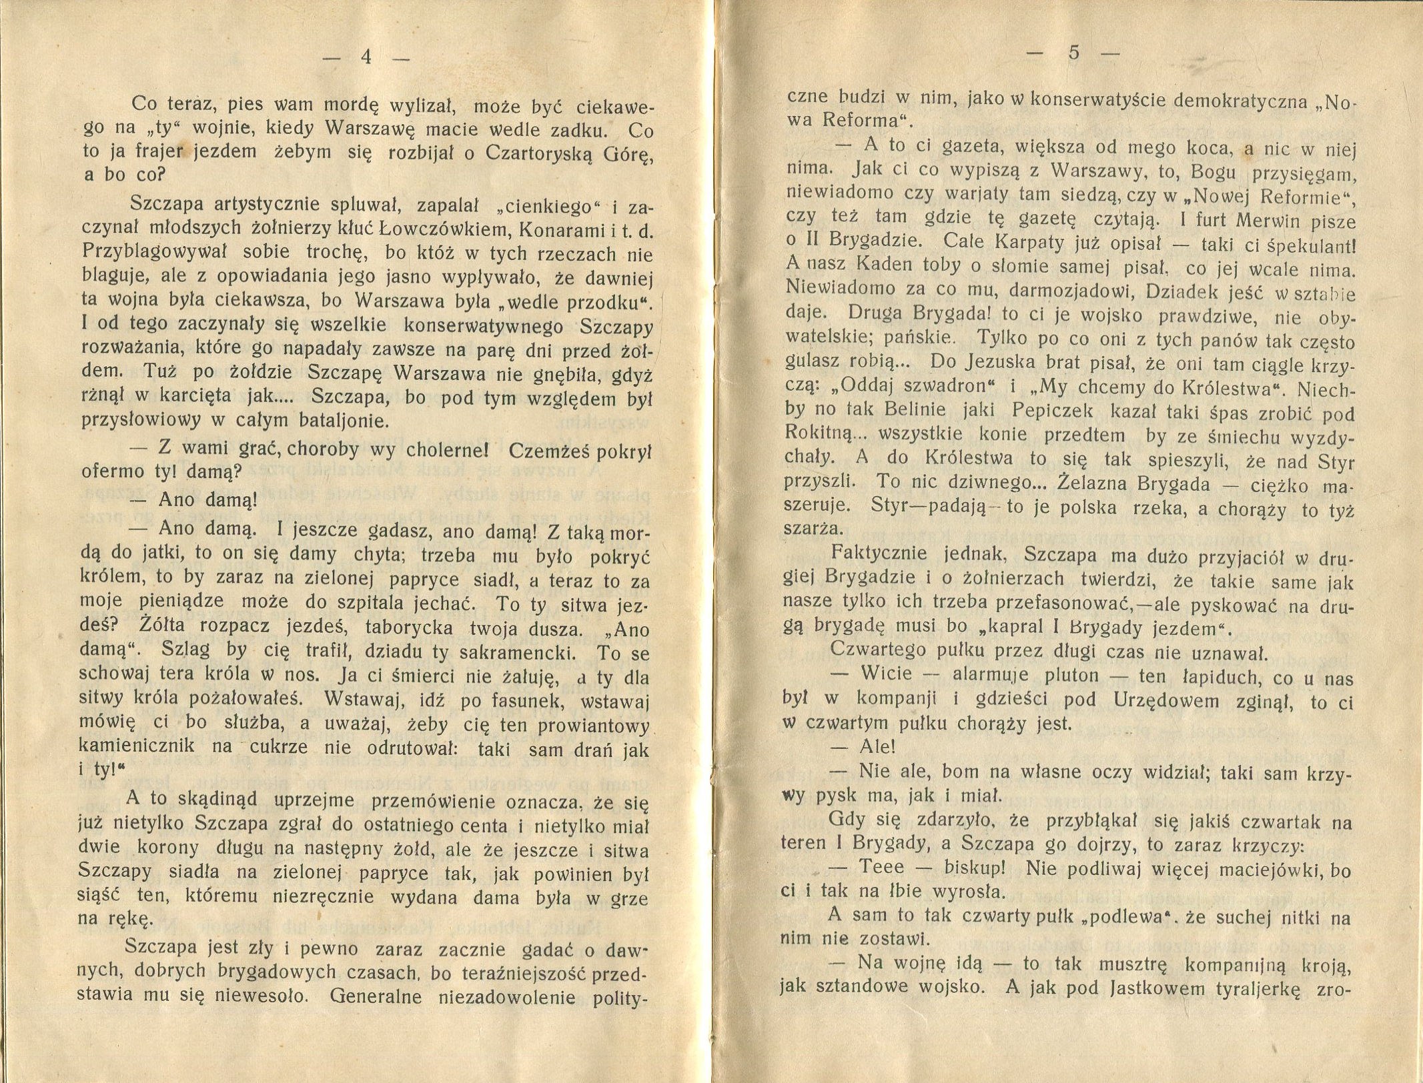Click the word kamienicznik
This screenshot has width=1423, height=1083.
click(x=147, y=746)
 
